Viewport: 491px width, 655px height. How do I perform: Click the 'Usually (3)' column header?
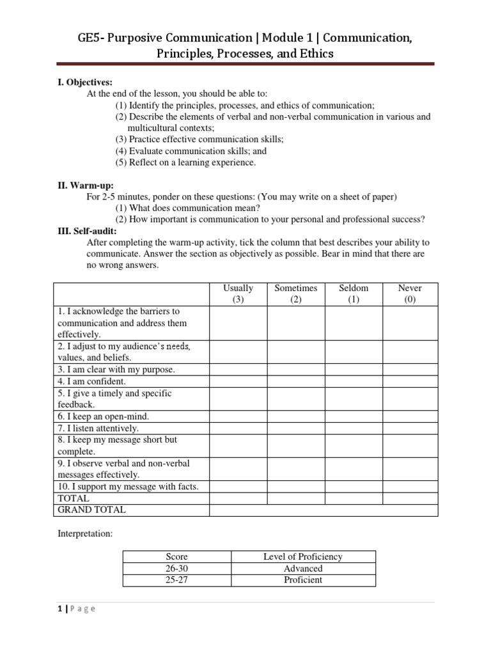pyautogui.click(x=238, y=294)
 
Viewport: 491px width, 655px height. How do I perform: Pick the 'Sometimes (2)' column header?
pyautogui.click(x=296, y=294)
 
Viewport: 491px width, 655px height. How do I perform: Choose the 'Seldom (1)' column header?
pyautogui.click(x=354, y=294)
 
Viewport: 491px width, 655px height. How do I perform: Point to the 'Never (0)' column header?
pyautogui.click(x=410, y=294)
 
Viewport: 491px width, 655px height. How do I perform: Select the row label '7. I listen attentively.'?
pyautogui.click(x=98, y=429)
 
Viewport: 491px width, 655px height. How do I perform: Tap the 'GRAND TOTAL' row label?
pyautogui.click(x=92, y=510)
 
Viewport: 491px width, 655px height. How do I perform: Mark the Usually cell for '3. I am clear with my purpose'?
pyautogui.click(x=238, y=370)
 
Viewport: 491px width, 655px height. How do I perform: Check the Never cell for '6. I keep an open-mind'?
pyautogui.click(x=410, y=416)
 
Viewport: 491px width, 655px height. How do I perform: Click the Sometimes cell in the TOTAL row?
pyautogui.click(x=296, y=498)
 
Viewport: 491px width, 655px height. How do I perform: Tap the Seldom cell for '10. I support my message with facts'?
pyautogui.click(x=354, y=487)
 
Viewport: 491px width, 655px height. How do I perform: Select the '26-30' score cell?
pyautogui.click(x=176, y=568)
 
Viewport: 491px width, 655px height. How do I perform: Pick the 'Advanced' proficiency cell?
pyautogui.click(x=303, y=568)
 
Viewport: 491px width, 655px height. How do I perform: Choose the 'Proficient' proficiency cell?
pyautogui.click(x=303, y=580)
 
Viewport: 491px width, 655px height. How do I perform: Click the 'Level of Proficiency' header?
pyautogui.click(x=303, y=556)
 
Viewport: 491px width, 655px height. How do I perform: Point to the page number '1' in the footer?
pyautogui.click(x=59, y=608)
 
